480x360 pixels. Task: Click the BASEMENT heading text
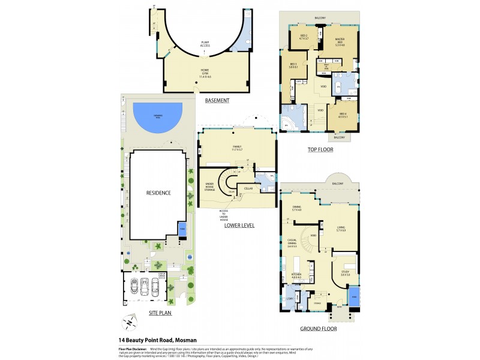click(x=217, y=100)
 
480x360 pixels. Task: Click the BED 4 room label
click(x=343, y=115)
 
